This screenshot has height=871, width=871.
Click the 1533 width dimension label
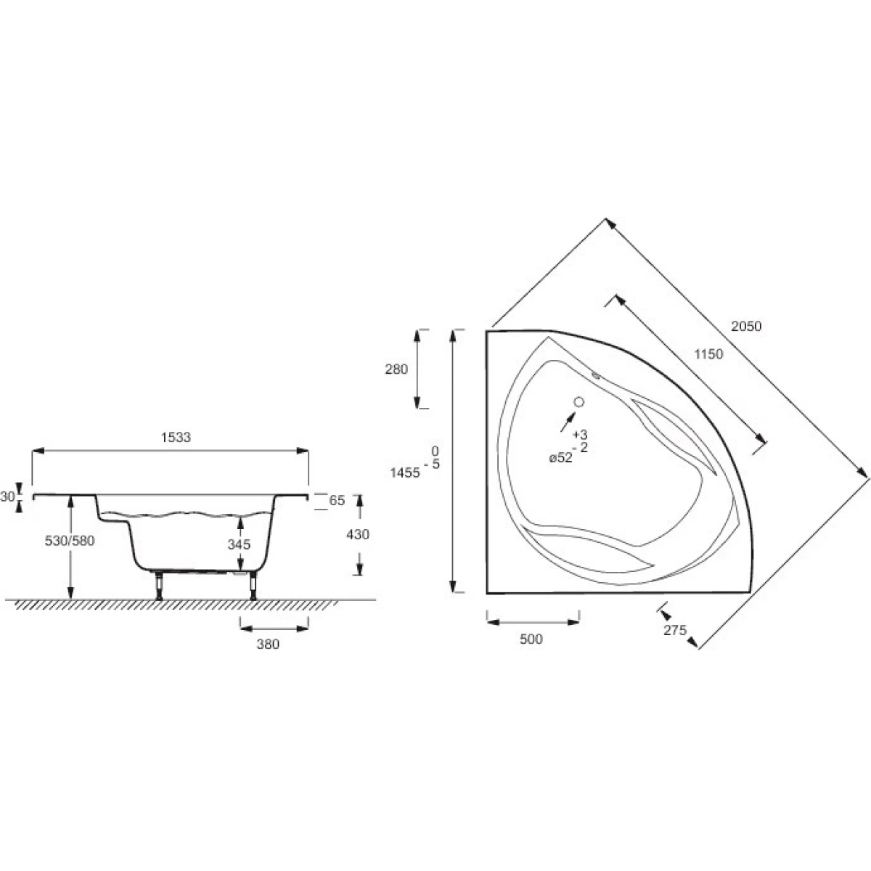176,437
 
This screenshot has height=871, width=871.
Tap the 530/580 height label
70,541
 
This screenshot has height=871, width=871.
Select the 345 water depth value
239,544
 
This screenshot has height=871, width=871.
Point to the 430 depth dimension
358,534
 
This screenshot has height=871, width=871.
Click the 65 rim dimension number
337,500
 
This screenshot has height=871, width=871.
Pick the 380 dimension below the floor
268,644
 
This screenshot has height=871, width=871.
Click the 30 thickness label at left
7,496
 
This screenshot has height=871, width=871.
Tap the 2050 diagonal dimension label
746,326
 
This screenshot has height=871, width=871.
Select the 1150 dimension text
708,354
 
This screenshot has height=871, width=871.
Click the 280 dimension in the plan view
396,369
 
